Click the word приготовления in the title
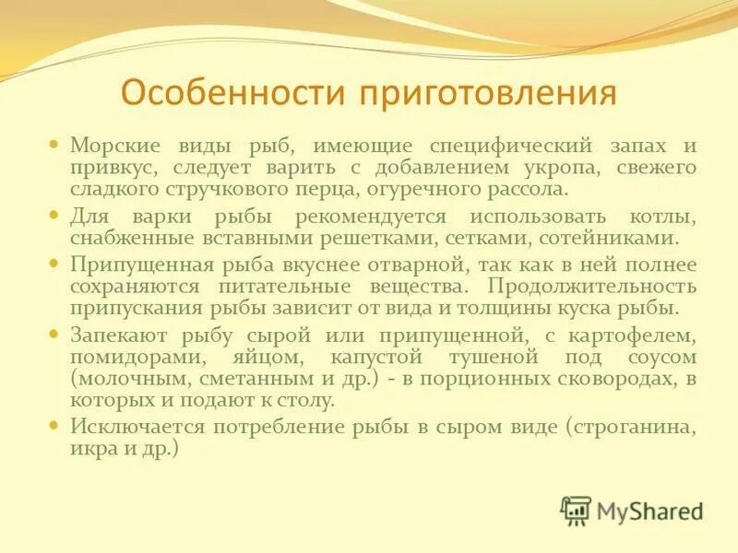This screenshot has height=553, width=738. (x=487, y=93)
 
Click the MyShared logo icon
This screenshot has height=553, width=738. (x=576, y=509)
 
